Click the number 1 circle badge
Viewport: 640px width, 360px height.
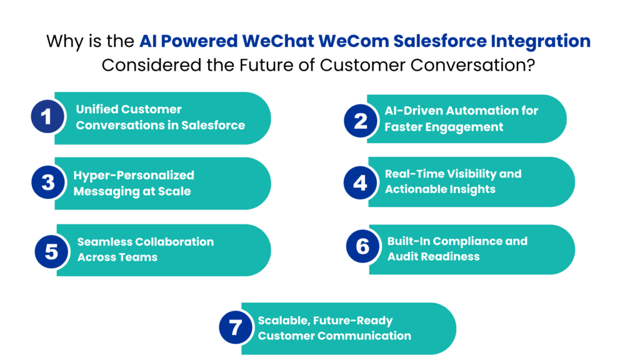click(x=47, y=117)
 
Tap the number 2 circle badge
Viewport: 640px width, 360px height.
click(x=361, y=119)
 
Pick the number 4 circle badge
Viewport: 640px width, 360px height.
click(x=361, y=182)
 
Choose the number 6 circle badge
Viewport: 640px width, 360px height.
click(x=362, y=246)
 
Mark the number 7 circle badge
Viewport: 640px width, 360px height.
click(x=235, y=327)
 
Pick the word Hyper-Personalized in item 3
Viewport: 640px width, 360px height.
click(x=134, y=176)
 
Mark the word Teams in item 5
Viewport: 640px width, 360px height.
click(x=139, y=257)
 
